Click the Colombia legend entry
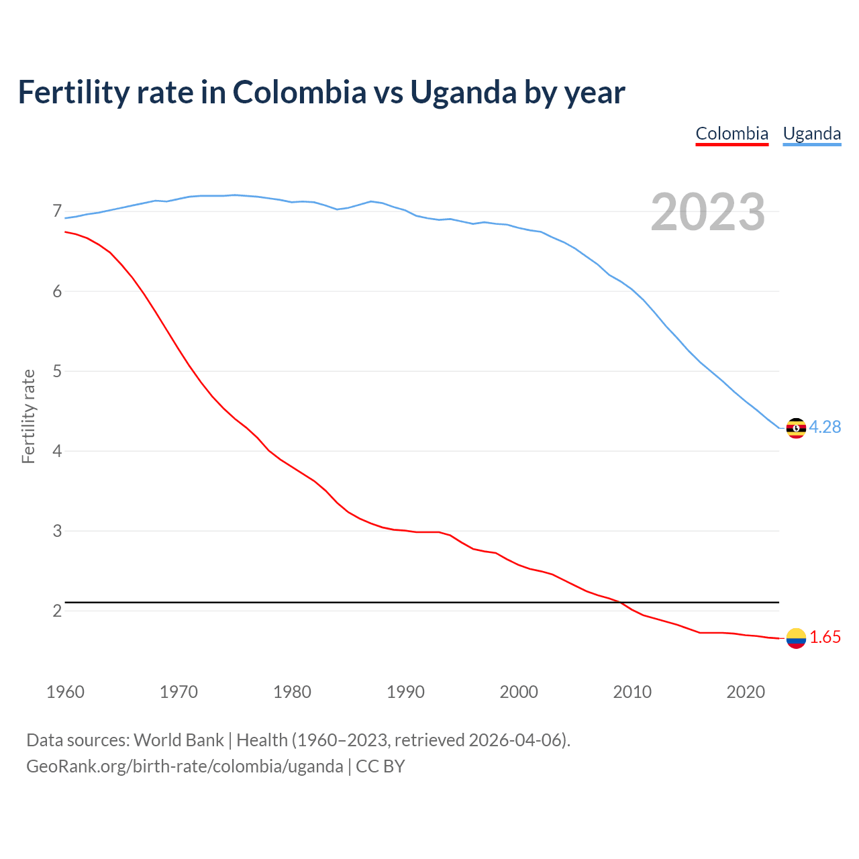click(x=731, y=134)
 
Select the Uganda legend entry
click(x=812, y=134)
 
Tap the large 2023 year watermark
click(x=708, y=212)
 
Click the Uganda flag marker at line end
click(x=796, y=427)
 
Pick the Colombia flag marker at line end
click(x=796, y=638)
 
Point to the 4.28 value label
click(x=825, y=427)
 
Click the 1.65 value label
click(x=825, y=638)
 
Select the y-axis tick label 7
click(x=57, y=211)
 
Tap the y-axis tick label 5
click(x=57, y=371)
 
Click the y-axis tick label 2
click(x=57, y=611)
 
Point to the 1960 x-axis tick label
click(x=65, y=692)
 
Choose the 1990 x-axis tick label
click(x=405, y=692)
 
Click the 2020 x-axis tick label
click(x=746, y=692)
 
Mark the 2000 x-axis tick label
click(x=519, y=692)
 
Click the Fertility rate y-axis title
click(x=28, y=416)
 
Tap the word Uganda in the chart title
click(x=463, y=93)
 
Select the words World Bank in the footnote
click(x=179, y=740)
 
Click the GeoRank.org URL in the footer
click(x=185, y=766)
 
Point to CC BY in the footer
click(x=381, y=766)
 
